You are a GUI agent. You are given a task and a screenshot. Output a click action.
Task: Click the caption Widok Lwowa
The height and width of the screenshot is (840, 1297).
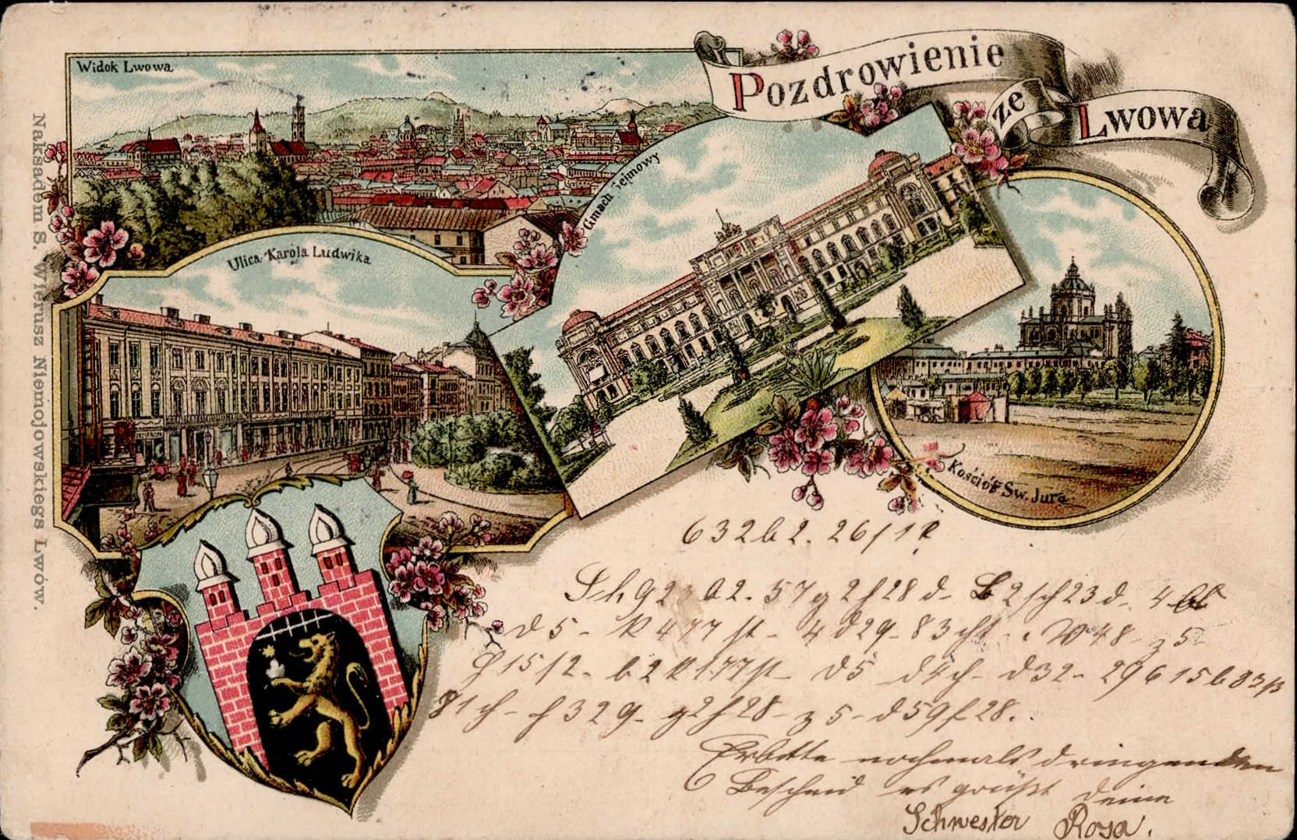click(125, 66)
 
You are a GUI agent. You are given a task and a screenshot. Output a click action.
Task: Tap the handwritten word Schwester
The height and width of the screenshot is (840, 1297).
click(965, 819)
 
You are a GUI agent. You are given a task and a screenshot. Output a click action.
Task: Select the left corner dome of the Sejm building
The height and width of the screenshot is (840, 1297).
click(577, 323)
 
